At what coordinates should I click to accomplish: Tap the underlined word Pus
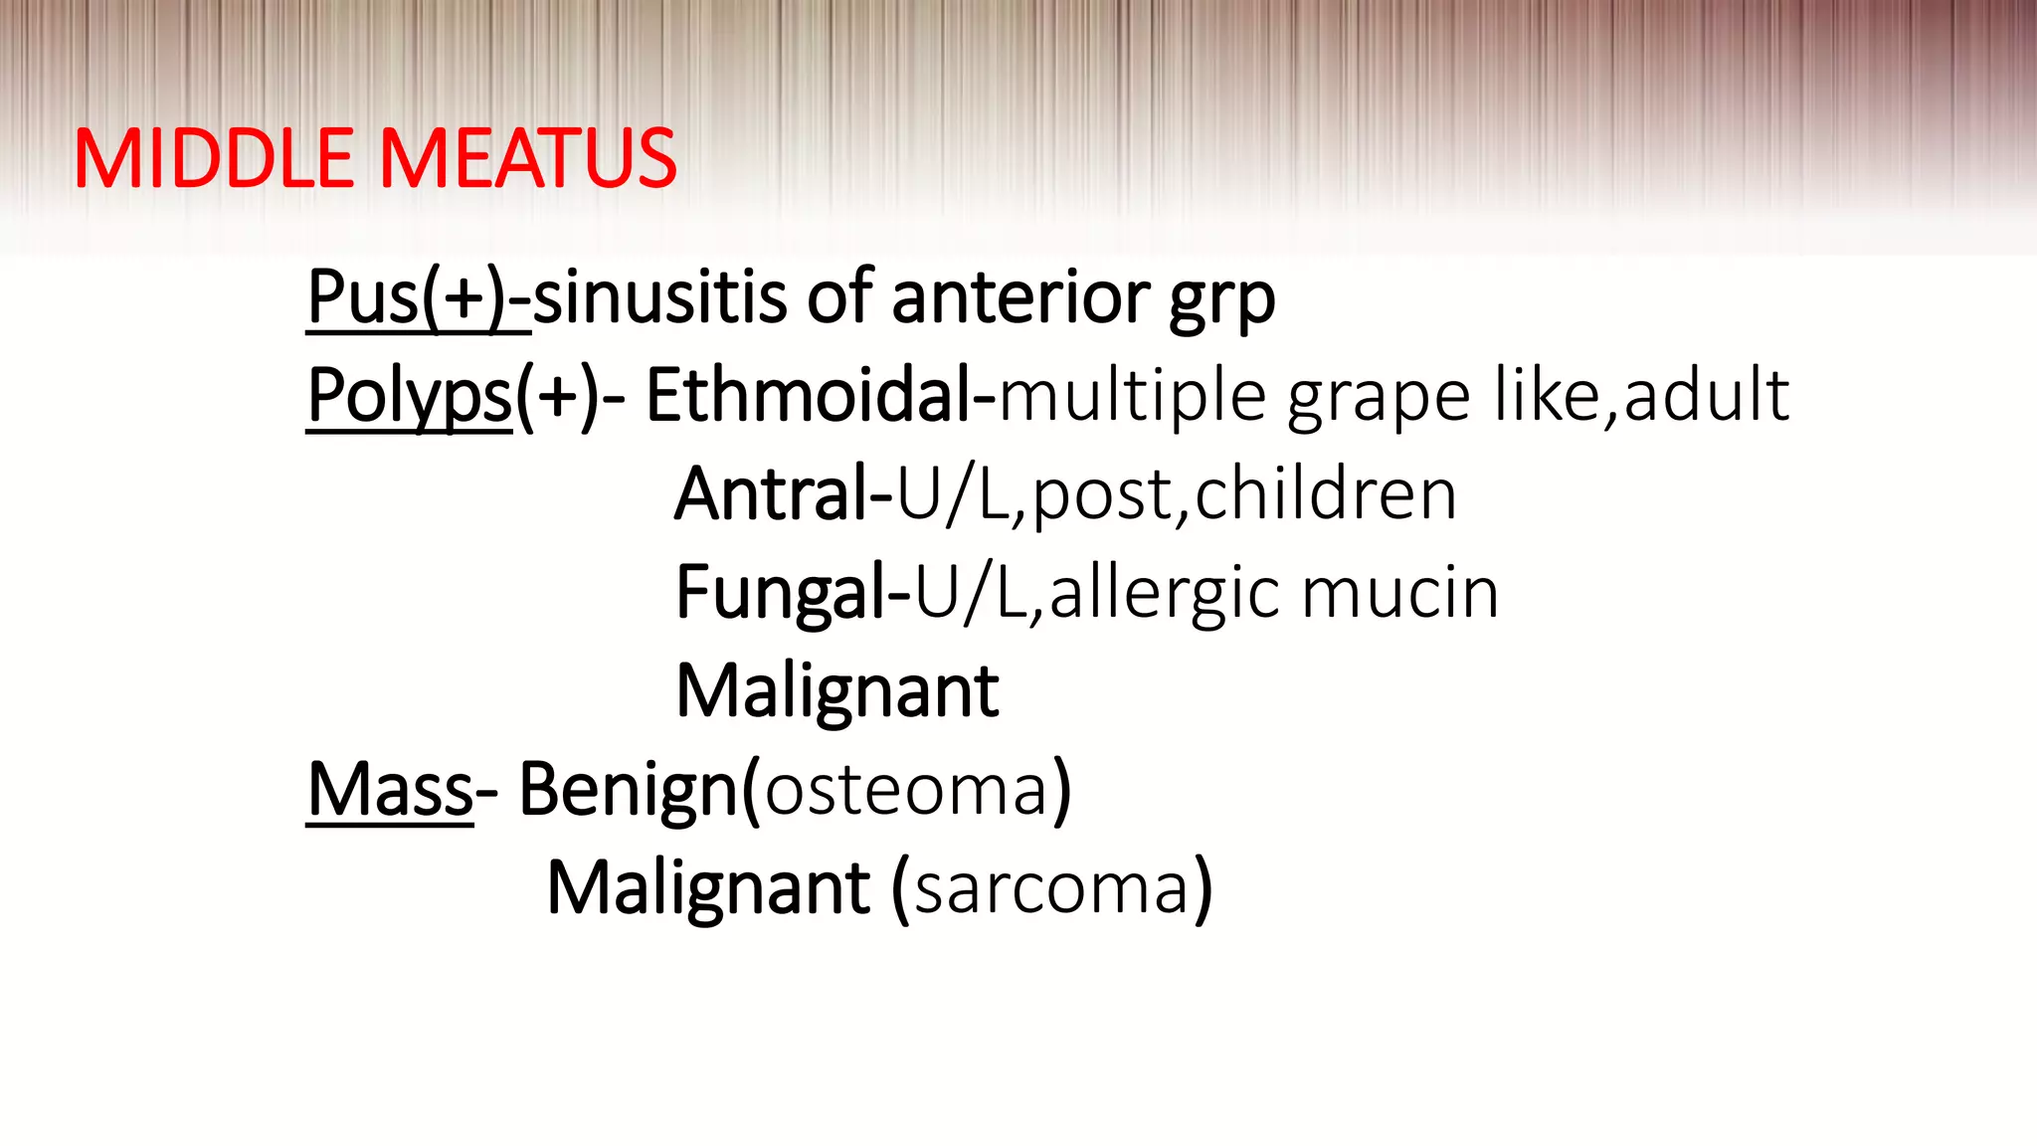tap(363, 297)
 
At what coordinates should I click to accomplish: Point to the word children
tap(1326, 494)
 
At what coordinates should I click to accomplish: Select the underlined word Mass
tap(390, 790)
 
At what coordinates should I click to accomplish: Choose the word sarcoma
tap(1051, 888)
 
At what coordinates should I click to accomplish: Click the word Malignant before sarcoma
tap(709, 888)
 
